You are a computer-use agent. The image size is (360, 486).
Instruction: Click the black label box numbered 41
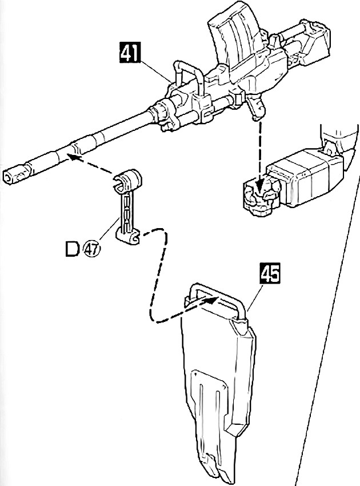coord(130,52)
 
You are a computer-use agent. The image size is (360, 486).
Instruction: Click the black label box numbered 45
coord(270,273)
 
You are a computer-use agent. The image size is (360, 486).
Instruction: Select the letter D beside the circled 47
coord(73,249)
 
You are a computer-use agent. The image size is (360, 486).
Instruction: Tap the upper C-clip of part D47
coord(127,180)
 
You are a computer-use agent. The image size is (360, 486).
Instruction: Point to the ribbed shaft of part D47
coord(126,212)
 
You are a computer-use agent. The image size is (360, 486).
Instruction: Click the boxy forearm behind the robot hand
coord(305,177)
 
